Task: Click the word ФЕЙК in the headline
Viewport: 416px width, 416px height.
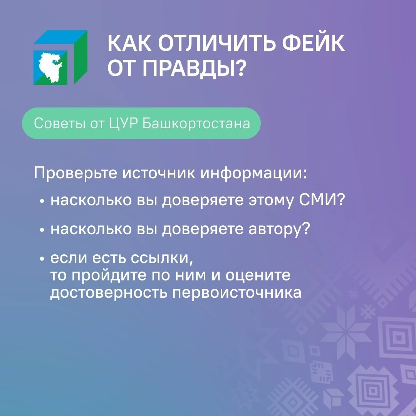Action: coord(313,43)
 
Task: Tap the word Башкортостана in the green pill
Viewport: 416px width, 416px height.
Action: coord(196,123)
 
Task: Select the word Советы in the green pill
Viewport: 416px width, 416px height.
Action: coord(59,123)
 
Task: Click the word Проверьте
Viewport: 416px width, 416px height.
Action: coord(75,173)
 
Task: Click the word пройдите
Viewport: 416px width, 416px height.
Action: coord(109,275)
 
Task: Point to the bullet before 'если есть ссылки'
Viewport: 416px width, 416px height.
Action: coord(42,258)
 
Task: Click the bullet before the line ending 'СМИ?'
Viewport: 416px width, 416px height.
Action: coord(42,201)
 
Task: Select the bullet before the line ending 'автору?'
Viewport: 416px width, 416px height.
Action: coord(42,230)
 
